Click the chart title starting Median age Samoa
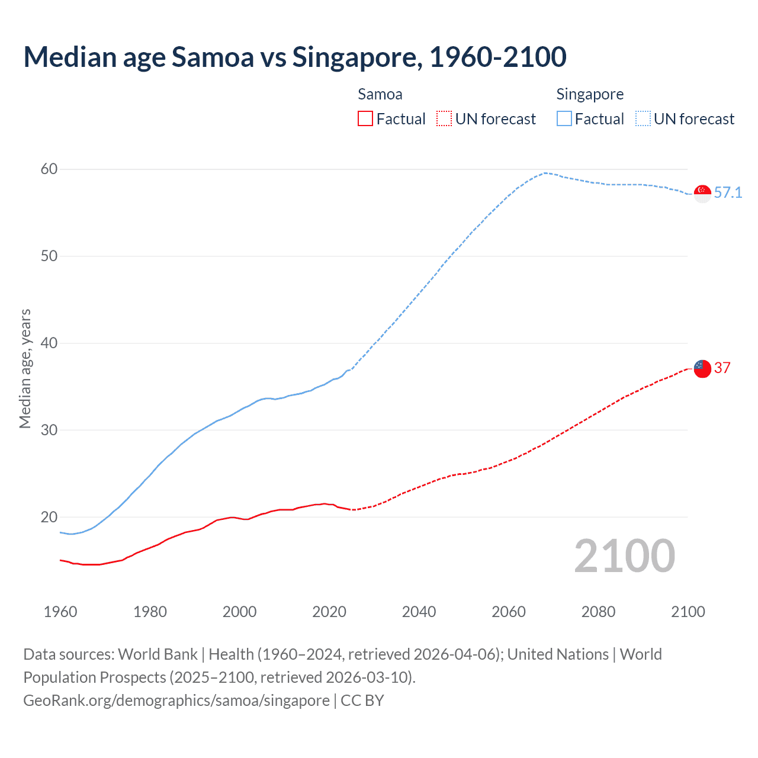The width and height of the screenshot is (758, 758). [x=294, y=57]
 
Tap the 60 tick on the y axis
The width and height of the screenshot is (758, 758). [x=49, y=169]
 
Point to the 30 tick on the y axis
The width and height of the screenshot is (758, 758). [x=49, y=431]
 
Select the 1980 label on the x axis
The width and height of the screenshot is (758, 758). [x=150, y=612]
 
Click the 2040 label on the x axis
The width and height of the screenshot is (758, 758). [x=419, y=612]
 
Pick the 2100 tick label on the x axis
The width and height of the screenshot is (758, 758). [x=688, y=612]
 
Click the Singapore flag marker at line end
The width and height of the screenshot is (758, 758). [x=702, y=193]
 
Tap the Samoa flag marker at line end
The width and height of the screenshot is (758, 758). [x=702, y=368]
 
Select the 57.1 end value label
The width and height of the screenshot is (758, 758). [x=728, y=193]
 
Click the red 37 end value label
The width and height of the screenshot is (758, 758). [x=722, y=368]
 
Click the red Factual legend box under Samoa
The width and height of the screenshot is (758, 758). [x=365, y=119]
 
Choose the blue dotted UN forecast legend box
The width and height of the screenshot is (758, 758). [x=643, y=119]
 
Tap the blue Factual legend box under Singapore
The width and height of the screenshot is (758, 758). [x=564, y=119]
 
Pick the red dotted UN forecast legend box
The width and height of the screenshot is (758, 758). [x=444, y=119]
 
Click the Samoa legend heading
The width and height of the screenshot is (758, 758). [x=380, y=95]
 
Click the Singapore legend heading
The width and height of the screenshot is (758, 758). [x=590, y=95]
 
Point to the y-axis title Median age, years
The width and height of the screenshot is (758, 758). [x=25, y=368]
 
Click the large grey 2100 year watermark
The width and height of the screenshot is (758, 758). [x=624, y=556]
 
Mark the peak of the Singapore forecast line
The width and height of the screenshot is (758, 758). [x=545, y=173]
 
